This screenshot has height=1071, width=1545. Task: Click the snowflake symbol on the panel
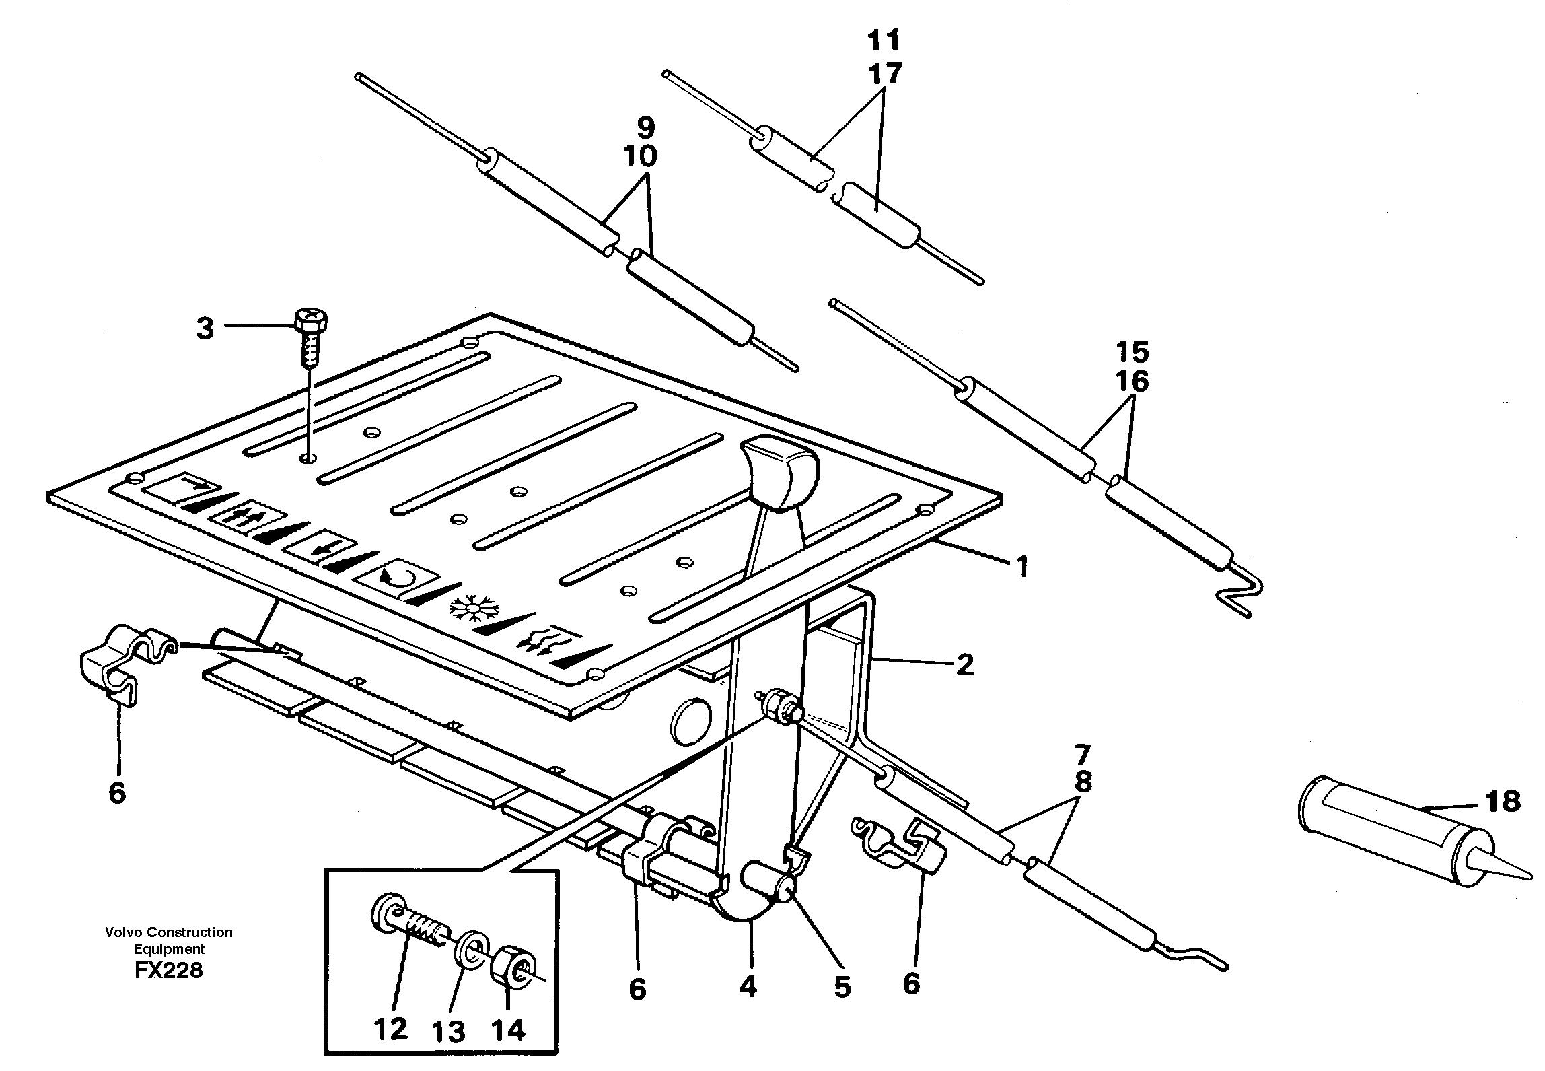(x=473, y=608)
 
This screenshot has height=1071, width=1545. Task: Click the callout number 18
(x=1502, y=801)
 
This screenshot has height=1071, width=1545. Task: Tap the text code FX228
(x=168, y=970)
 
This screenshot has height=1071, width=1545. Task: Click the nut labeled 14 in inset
(x=514, y=970)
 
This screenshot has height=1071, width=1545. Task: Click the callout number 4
(x=748, y=987)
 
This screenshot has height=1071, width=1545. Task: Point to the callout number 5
(x=842, y=987)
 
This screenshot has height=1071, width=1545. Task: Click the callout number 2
(x=964, y=666)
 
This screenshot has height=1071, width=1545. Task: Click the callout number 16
(x=1133, y=381)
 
